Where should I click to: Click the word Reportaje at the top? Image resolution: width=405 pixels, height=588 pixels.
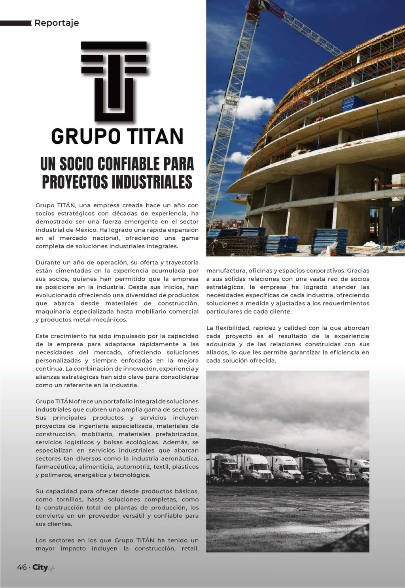click(57, 23)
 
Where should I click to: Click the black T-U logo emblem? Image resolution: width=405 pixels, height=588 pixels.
click(114, 81)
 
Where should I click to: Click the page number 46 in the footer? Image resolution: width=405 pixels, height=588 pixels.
click(22, 567)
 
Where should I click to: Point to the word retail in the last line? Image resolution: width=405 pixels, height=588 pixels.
click(189, 549)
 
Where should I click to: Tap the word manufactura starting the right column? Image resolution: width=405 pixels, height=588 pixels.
click(226, 271)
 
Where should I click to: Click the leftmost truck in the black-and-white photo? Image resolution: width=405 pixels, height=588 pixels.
click(224, 469)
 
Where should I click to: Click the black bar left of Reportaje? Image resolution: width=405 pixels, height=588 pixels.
click(15, 23)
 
